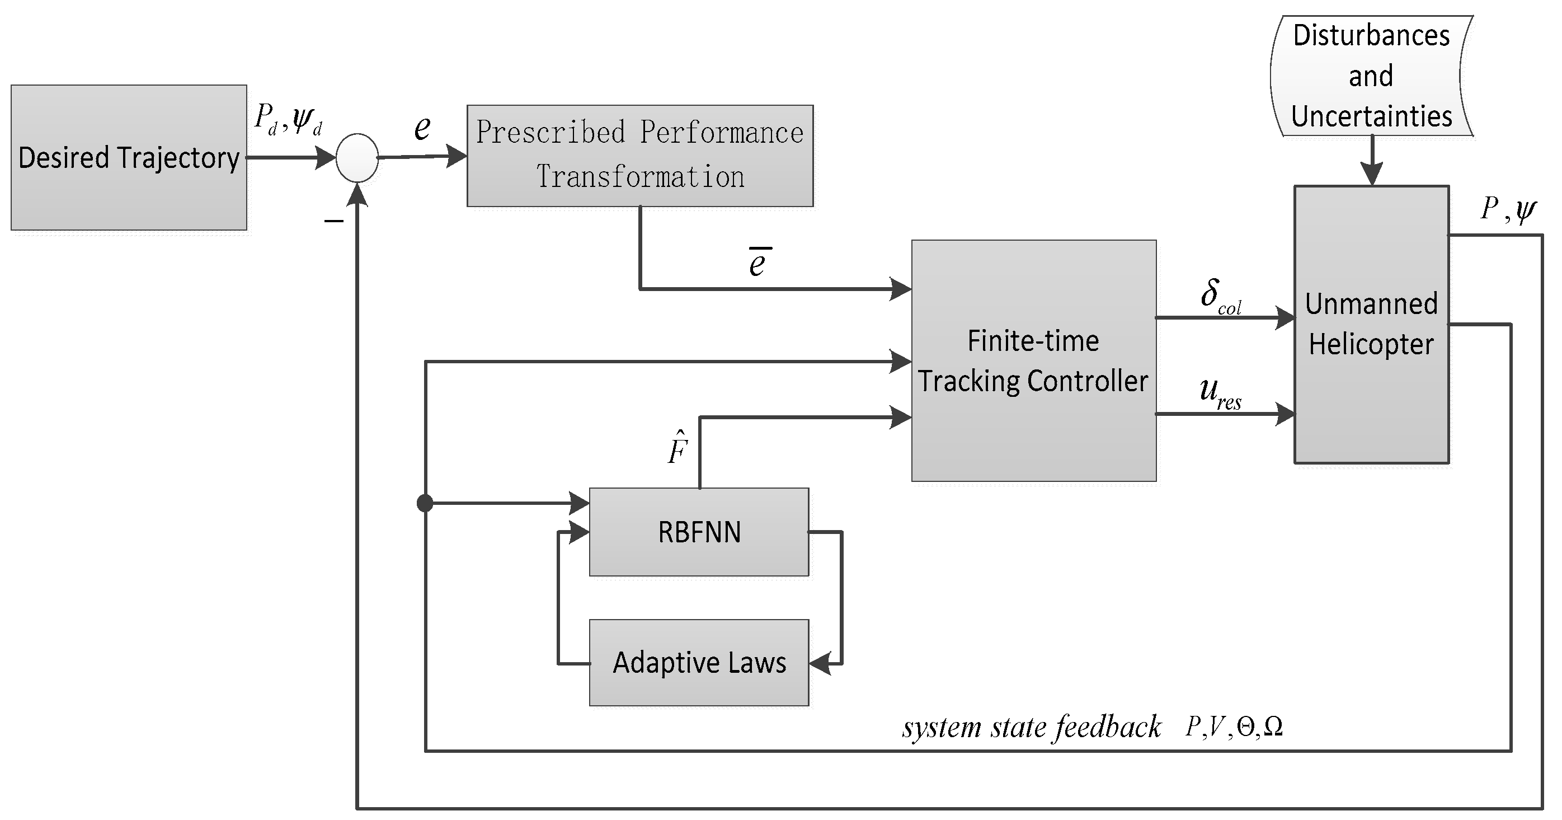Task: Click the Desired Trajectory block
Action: click(129, 157)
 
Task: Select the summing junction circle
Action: click(357, 158)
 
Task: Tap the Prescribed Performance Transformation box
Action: click(639, 155)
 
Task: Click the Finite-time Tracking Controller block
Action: click(1033, 360)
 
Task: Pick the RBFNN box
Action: click(699, 532)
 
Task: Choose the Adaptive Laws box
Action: click(699, 662)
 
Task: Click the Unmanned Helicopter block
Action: click(1371, 325)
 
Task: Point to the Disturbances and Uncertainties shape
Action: click(1371, 76)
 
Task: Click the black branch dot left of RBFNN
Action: click(425, 503)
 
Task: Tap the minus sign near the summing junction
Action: click(333, 222)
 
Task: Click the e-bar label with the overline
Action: click(758, 262)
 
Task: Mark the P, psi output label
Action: click(1508, 210)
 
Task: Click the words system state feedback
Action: click(1031, 727)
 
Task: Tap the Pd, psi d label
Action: click(288, 119)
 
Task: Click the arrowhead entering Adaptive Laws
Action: click(820, 663)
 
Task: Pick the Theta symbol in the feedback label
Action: click(1245, 727)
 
